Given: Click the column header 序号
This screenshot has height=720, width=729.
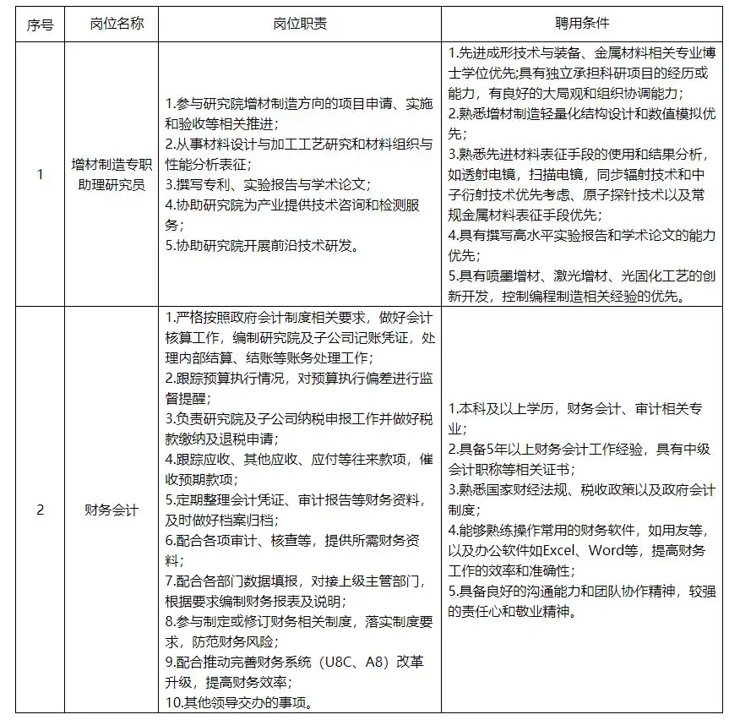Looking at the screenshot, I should coord(40,24).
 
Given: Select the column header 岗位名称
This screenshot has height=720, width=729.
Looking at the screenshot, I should coord(117,24).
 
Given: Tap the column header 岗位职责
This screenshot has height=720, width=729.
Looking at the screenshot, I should coord(300,24).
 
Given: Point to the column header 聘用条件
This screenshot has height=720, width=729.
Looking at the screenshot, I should coord(584,24).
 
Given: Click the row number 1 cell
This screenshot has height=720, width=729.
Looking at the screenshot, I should coord(40,175).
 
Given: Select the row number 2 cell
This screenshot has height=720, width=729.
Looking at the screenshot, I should coord(40,510).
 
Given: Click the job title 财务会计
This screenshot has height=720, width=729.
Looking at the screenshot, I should coord(117,510).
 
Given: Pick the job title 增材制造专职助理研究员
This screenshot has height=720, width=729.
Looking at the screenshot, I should coord(117,175).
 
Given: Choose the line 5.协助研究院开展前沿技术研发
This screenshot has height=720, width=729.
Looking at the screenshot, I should coord(262,246).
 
